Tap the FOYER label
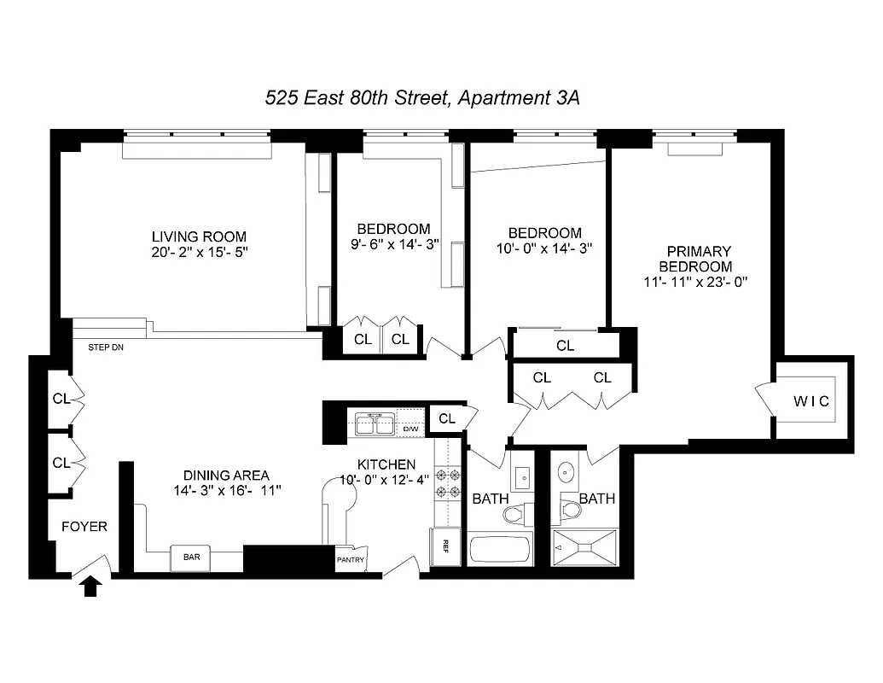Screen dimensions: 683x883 point(84,527)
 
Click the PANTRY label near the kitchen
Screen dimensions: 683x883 point(351,561)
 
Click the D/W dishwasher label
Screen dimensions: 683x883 point(411,429)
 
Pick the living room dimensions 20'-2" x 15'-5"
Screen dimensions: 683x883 point(199,253)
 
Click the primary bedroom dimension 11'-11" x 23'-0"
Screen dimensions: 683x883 point(698,282)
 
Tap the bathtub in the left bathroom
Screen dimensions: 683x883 point(501,548)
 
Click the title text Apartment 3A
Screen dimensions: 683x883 point(519,98)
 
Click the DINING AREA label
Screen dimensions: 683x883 point(226,476)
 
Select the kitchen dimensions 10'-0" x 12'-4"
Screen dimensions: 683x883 point(386,480)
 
